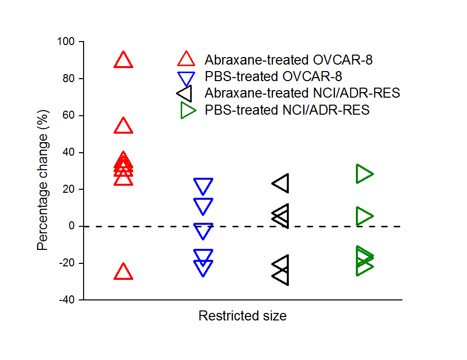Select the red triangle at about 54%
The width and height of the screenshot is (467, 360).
(x=123, y=126)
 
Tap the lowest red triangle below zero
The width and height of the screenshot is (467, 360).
(x=123, y=272)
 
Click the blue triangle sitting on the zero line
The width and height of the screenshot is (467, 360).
(x=203, y=230)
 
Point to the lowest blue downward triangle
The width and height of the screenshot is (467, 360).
(x=203, y=267)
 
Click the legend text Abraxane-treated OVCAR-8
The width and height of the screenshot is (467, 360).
(x=289, y=60)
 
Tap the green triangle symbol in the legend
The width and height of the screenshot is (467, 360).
(x=188, y=110)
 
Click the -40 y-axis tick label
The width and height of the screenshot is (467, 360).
(x=65, y=300)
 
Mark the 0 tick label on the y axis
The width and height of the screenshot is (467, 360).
(x=71, y=226)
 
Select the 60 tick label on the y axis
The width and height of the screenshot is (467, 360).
(x=68, y=116)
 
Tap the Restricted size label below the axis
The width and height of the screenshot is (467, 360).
(x=242, y=316)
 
